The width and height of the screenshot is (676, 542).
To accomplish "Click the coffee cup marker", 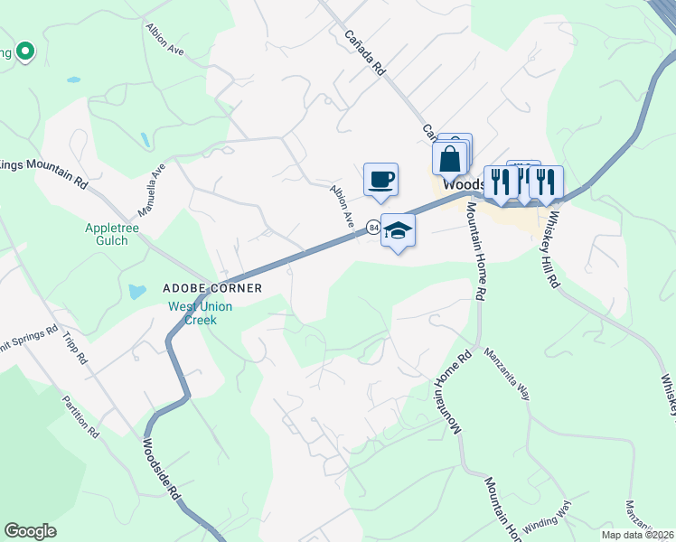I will pyautogui.click(x=380, y=178).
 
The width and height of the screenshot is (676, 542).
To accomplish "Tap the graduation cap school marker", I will pyautogui.click(x=398, y=231).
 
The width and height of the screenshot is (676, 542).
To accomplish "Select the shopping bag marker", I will pyautogui.click(x=450, y=160).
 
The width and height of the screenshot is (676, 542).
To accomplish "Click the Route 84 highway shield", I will pyautogui.click(x=372, y=229).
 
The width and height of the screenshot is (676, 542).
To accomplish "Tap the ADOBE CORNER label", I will pyautogui.click(x=211, y=288).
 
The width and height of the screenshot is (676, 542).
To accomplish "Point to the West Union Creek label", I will pyautogui.click(x=201, y=313).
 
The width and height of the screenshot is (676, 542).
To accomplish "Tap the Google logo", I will pyautogui.click(x=30, y=531).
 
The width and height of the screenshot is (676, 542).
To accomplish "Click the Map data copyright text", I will pyautogui.click(x=637, y=535).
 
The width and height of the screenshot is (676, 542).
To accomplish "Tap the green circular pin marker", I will pyautogui.click(x=25, y=51).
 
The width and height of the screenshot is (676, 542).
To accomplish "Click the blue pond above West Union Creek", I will pyautogui.click(x=136, y=292).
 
